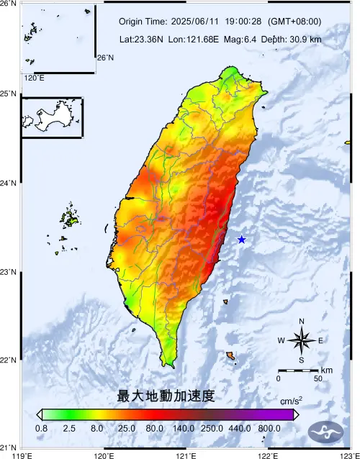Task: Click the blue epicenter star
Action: pos(241,240)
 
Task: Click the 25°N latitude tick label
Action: pos(9,94)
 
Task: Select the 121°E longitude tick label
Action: pos(186,454)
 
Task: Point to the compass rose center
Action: pos(302,340)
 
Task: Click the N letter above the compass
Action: pos(302,322)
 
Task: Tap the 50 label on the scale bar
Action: pos(318,378)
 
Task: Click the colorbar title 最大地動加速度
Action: pos(166,396)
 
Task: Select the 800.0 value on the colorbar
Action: pos(269,428)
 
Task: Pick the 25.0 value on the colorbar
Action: pos(127,428)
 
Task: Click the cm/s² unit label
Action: pos(291,401)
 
